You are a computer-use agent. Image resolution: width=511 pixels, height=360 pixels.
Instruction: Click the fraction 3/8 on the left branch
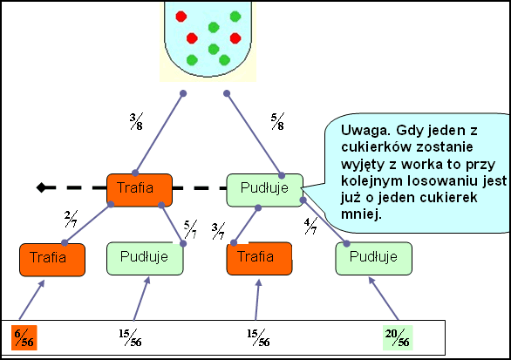(136, 121)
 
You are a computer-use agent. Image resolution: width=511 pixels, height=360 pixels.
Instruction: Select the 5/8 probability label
(277, 121)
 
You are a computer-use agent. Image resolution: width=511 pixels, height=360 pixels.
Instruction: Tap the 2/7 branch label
(71, 219)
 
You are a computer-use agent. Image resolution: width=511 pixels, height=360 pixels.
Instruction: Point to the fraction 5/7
(190, 229)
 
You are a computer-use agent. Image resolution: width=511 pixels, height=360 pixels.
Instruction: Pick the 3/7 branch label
(218, 231)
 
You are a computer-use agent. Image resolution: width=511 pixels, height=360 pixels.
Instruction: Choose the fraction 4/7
(310, 226)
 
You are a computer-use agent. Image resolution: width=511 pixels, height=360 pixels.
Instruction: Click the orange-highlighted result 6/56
(24, 338)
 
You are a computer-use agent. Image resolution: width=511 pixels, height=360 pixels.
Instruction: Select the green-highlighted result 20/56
(398, 338)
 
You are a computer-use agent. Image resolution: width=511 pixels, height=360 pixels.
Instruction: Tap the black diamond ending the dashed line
(41, 187)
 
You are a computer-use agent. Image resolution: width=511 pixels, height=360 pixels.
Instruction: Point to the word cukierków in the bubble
(374, 147)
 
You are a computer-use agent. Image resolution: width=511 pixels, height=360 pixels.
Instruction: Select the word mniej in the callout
(361, 214)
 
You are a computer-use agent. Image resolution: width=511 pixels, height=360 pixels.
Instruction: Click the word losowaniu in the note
(436, 180)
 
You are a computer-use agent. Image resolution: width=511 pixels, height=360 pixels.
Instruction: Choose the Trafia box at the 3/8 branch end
(140, 190)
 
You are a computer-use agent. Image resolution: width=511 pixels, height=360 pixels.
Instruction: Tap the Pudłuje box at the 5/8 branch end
(265, 190)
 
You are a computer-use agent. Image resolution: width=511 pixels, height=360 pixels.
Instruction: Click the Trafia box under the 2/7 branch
(52, 260)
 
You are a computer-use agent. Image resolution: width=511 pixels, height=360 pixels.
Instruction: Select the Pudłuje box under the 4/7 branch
(374, 258)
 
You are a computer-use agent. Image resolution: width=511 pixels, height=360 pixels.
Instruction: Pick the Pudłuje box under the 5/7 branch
(145, 258)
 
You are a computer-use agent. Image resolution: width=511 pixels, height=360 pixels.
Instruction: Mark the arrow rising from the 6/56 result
(31, 300)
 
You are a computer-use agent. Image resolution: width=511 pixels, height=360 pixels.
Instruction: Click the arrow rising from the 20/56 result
(384, 298)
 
